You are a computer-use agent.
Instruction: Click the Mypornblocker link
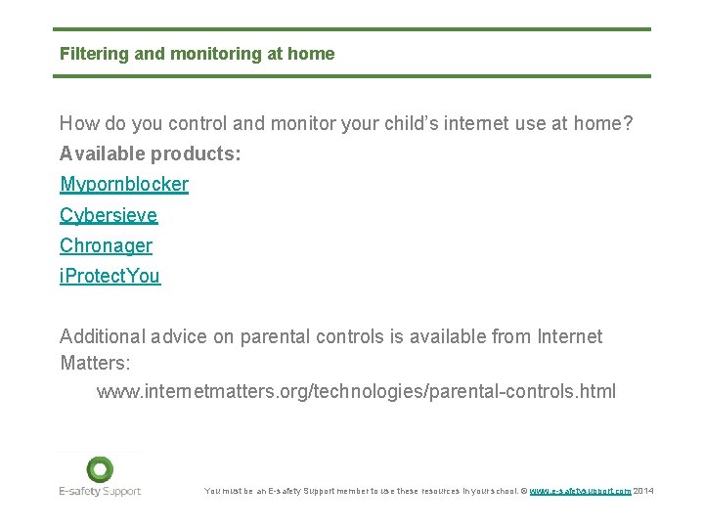(x=124, y=185)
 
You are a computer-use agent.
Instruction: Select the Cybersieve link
(x=109, y=215)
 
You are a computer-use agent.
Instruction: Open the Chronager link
(x=106, y=245)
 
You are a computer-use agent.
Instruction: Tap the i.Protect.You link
(x=110, y=277)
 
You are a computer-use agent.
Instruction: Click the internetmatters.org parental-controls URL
(x=356, y=392)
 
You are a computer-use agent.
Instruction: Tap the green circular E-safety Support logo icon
(x=100, y=469)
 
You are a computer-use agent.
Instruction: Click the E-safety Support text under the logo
(x=100, y=491)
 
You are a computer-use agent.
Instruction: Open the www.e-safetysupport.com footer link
(x=580, y=491)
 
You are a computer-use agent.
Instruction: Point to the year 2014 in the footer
(x=644, y=491)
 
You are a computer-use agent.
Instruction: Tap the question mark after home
(x=628, y=124)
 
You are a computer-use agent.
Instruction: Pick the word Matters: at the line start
(x=95, y=362)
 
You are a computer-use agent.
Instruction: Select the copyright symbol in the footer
(x=524, y=491)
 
